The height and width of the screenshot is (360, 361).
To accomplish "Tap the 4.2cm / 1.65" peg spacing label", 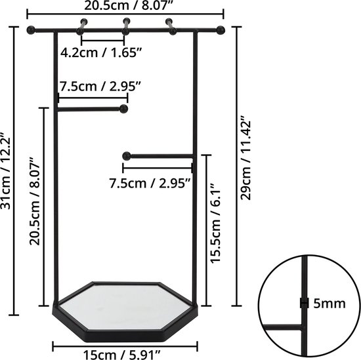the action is [100, 52].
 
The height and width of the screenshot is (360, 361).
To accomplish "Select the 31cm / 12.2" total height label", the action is [5, 170].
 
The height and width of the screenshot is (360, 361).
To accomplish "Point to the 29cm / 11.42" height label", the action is [245, 158].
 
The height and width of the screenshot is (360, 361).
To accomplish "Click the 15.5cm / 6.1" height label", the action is [215, 223].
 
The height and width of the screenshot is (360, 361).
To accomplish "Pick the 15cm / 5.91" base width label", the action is [122, 355].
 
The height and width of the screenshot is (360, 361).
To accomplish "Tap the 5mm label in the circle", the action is [329, 304].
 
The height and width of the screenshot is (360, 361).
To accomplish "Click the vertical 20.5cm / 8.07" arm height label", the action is [35, 201].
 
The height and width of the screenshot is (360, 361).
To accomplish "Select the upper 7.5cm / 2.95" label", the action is [100, 87].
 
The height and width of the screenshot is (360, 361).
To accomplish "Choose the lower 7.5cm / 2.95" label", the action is [150, 184].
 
